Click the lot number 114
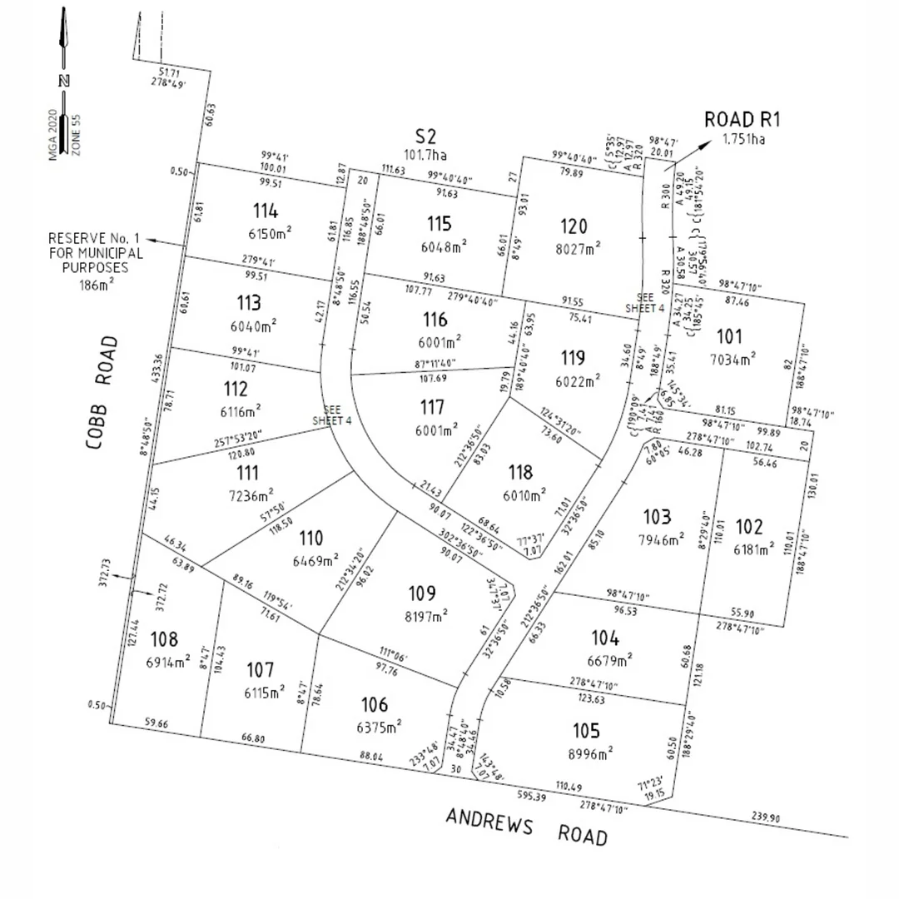point(266,211)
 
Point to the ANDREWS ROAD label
point(526,827)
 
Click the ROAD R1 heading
point(743,119)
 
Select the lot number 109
point(423,594)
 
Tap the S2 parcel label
point(425,136)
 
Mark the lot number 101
point(729,337)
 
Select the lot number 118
point(520,473)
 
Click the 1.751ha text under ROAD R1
point(743,139)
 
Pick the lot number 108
point(164,638)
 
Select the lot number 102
point(749,526)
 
